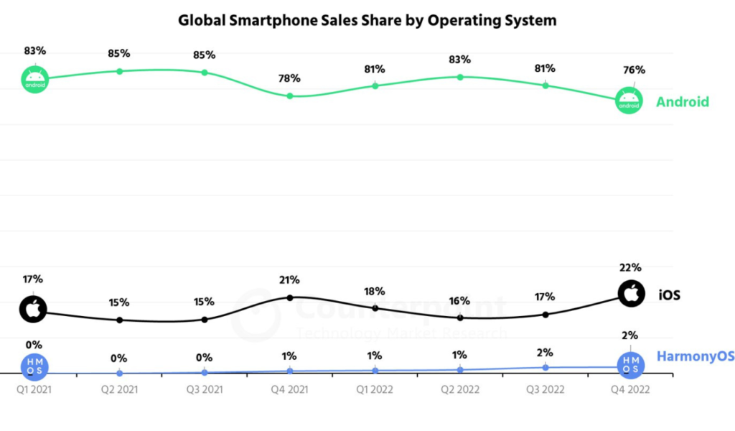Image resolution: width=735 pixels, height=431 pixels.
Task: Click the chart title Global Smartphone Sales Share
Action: (367, 20)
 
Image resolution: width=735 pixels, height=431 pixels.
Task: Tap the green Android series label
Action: (682, 102)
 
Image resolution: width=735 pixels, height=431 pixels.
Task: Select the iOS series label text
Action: (669, 295)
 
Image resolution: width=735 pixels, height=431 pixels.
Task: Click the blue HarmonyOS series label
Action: (696, 357)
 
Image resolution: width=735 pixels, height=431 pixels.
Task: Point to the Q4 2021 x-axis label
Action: (290, 389)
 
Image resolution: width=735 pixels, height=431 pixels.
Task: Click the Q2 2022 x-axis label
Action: (459, 389)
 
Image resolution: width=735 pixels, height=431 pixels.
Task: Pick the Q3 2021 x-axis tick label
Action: (205, 389)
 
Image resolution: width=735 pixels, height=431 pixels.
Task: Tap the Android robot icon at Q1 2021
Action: (34, 78)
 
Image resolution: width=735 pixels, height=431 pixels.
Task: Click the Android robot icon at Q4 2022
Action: (629, 101)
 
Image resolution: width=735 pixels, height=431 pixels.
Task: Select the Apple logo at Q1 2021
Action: (34, 309)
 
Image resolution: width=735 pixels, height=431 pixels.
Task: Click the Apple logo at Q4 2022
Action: (631, 293)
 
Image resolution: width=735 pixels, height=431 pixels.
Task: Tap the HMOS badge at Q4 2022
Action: (630, 364)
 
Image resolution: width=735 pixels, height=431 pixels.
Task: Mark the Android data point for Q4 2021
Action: (290, 96)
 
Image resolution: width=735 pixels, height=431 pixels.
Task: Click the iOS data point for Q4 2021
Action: (290, 297)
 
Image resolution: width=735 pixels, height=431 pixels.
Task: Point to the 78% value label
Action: (290, 78)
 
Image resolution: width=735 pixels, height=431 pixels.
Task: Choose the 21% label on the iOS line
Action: (290, 279)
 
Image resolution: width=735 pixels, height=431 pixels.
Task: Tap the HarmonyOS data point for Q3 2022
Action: (545, 367)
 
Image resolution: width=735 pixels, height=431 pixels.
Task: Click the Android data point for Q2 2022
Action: (460, 77)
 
